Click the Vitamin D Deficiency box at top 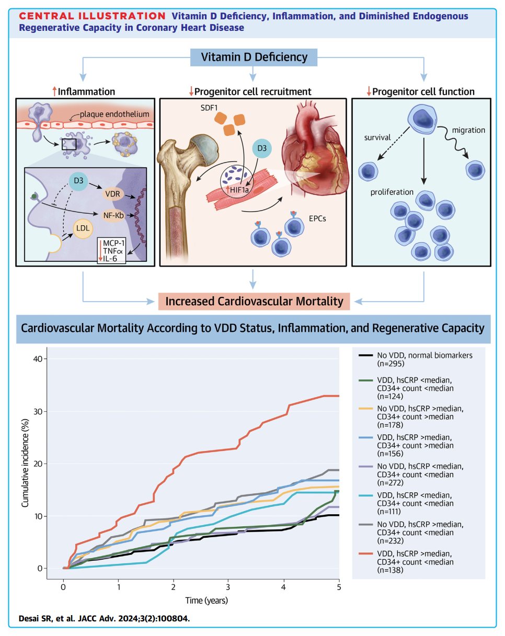coord(252,56)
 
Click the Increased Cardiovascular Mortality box coord(254,301)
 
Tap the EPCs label coord(317,218)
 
